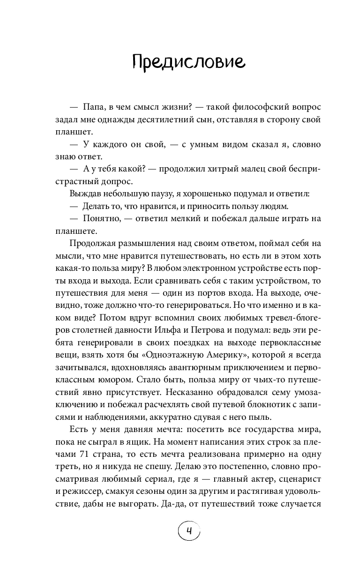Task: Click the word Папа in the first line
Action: click(97, 107)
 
